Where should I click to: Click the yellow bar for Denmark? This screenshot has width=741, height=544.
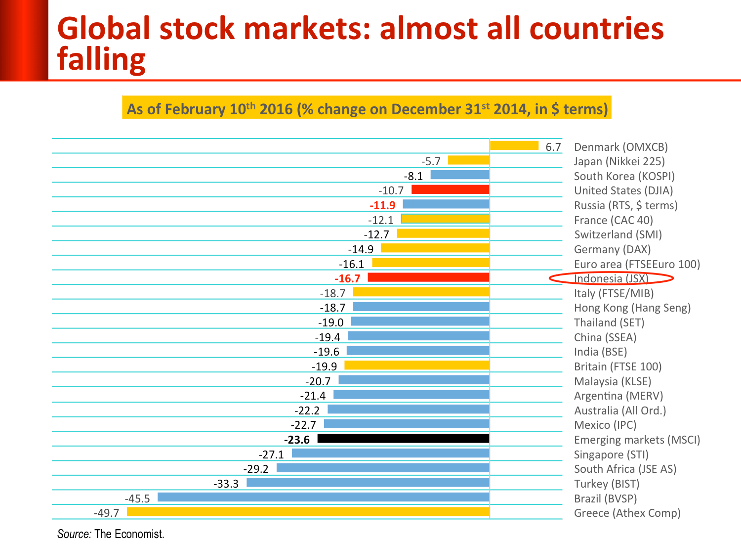514,145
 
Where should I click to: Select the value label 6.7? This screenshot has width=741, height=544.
553,147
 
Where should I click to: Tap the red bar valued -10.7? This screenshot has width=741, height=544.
450,189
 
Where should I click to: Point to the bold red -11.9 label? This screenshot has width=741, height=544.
382,205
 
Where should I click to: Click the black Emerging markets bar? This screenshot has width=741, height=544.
403,439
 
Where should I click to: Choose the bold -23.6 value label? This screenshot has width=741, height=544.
297,440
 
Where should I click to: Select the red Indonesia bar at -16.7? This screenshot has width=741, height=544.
428,277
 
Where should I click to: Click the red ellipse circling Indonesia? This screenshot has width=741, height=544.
611,278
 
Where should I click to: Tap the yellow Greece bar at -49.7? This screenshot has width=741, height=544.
308,512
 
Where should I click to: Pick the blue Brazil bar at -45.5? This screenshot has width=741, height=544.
323,497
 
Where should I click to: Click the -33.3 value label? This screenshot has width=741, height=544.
226,484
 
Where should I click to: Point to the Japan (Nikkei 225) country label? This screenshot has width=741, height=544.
619,162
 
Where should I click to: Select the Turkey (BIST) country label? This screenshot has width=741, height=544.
607,484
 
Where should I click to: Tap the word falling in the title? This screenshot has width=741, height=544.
101,59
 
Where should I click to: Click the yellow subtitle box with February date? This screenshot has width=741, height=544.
367,108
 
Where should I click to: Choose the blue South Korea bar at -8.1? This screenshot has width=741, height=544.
459,175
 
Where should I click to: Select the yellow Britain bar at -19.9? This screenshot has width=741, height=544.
416,365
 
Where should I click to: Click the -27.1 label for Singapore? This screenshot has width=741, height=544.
271,455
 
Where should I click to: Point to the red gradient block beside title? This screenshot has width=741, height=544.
24,40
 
